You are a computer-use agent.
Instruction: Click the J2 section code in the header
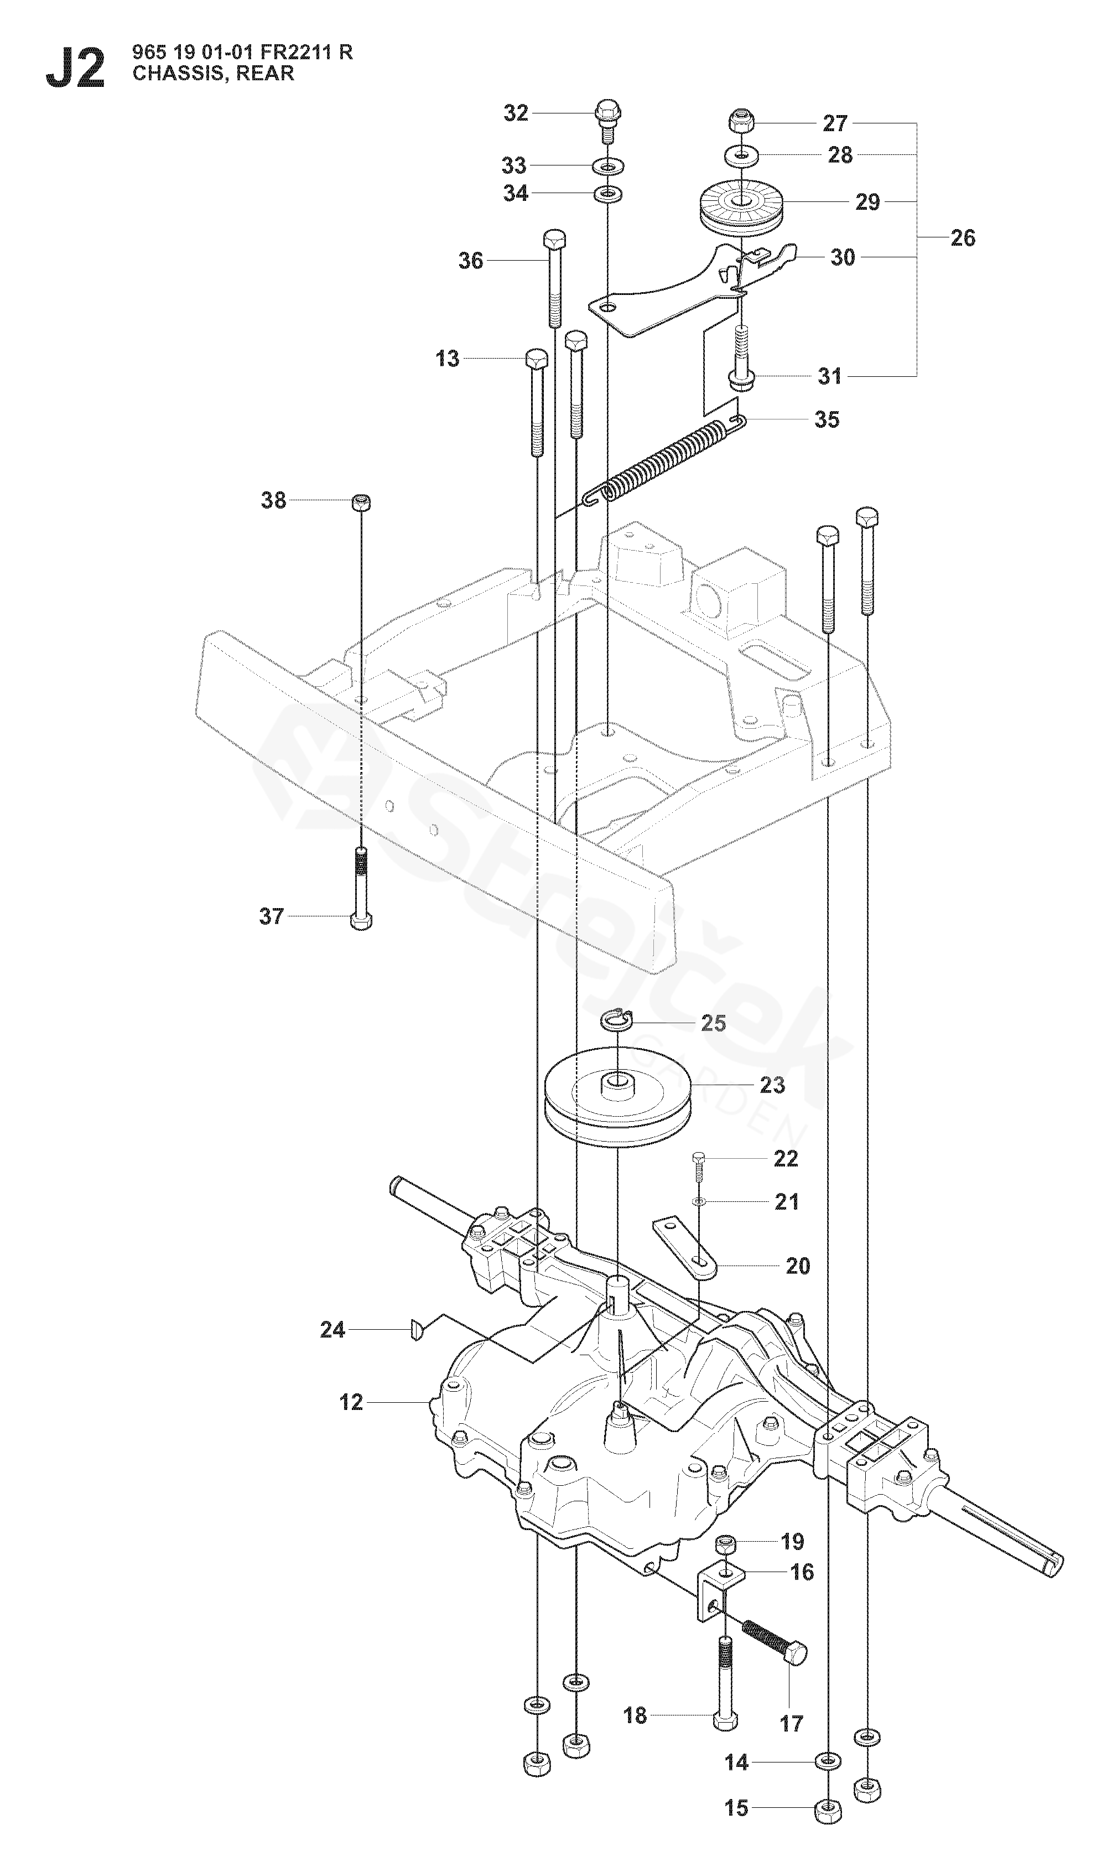point(75,68)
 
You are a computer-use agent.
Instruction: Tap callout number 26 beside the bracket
point(962,237)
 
